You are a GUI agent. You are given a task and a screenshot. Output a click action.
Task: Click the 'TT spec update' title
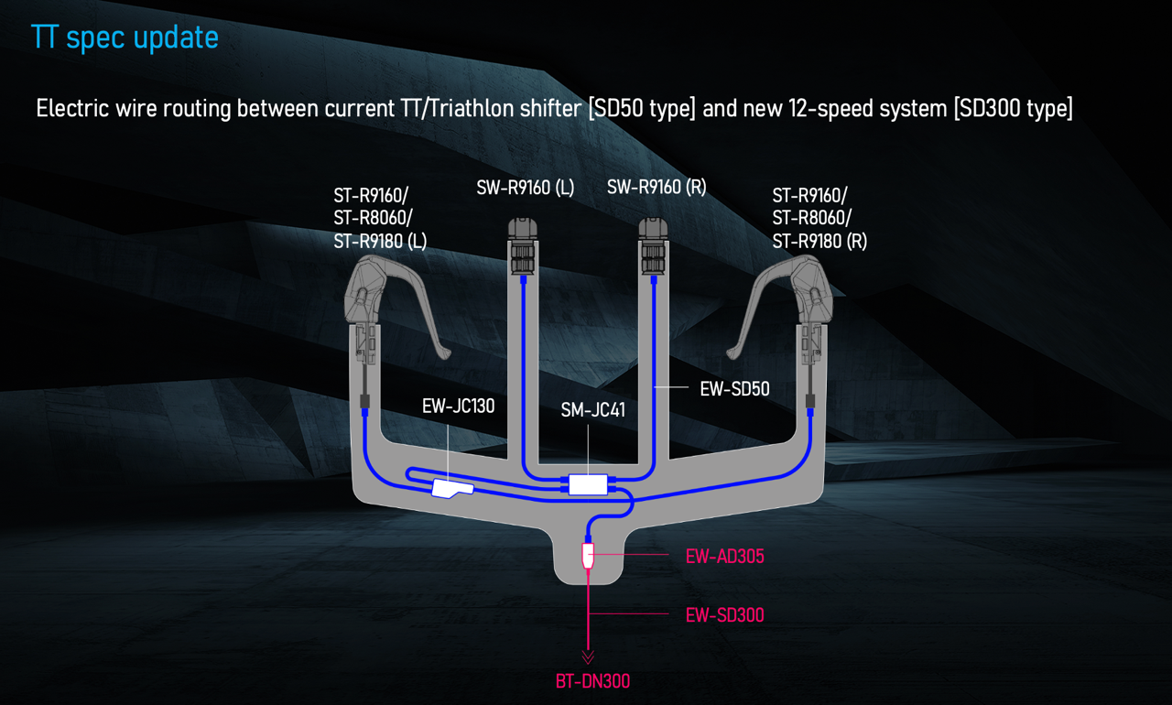125,38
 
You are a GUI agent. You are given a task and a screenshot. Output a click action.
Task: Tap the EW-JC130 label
458,406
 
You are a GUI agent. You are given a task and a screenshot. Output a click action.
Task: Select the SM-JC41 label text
592,410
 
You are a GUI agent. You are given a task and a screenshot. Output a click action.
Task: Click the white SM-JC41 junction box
588,484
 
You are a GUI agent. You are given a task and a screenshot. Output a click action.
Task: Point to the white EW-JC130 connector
451,490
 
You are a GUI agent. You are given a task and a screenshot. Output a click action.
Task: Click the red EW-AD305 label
724,557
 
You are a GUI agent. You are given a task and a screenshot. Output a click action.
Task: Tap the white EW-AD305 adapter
589,555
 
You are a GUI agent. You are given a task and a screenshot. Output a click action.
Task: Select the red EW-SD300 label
724,615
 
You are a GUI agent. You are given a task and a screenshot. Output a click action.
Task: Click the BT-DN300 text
592,681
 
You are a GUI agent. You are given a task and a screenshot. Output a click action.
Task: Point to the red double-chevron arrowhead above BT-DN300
588,656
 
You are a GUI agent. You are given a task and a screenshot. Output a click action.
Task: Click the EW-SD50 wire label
734,389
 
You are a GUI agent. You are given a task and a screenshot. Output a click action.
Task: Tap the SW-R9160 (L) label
525,188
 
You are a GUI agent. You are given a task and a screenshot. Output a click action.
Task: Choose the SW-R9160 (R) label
657,188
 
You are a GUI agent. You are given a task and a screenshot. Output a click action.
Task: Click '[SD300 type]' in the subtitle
1012,108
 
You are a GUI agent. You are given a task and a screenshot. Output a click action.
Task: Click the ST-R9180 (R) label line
819,242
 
